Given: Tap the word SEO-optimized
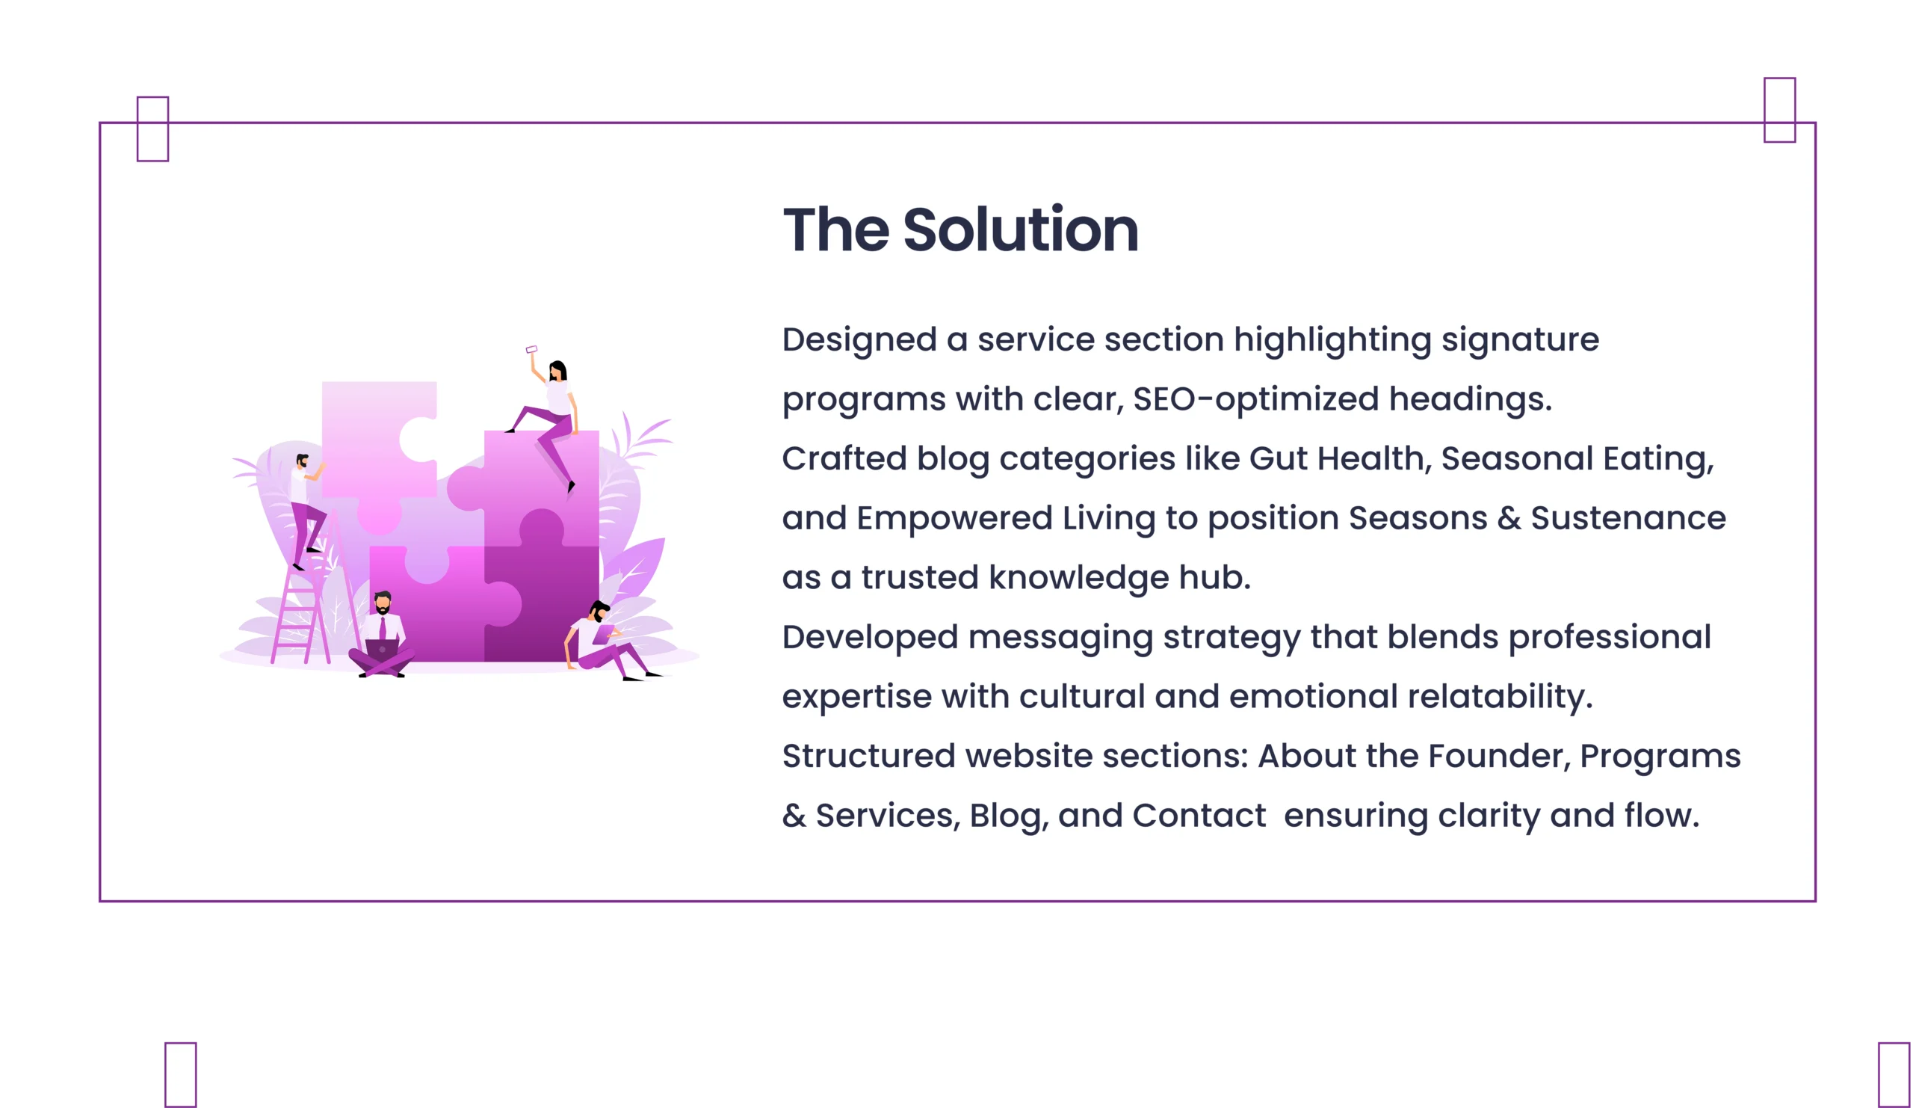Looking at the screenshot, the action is pos(1255,398).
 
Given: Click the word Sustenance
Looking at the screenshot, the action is pos(1628,518).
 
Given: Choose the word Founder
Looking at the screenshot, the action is pos(1500,757).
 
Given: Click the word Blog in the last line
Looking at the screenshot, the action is pos(1009,816).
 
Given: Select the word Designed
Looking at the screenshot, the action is pos(859,339).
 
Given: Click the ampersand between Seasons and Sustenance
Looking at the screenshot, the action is pos(1509,518).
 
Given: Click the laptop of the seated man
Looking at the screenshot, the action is pos(382,650).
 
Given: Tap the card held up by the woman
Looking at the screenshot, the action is pos(531,349).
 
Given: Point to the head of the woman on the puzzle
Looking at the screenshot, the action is pos(558,371).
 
